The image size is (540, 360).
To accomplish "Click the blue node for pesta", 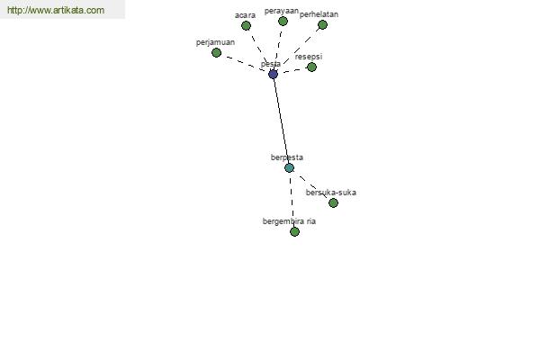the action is (273, 74).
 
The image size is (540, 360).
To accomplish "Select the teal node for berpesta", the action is (289, 167).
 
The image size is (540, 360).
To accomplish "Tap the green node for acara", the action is (246, 25).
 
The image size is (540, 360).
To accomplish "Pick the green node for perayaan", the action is (283, 22).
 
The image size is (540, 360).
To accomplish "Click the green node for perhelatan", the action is (322, 24).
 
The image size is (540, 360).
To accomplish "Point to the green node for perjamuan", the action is (216, 53).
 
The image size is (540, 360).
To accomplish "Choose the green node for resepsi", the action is (311, 67).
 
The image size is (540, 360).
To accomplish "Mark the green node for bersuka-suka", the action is (333, 202).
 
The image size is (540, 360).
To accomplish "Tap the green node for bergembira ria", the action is (294, 231).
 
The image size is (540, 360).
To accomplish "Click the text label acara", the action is (245, 15).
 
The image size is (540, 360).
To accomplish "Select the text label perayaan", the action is (282, 12).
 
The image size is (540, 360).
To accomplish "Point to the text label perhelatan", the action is (319, 14).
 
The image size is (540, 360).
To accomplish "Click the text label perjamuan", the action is (215, 42).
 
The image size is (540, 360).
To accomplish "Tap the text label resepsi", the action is (309, 57).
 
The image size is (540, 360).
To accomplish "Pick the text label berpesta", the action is (287, 157).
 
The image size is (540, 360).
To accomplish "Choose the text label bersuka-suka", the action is (331, 193).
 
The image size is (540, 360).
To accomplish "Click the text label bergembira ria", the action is (289, 221).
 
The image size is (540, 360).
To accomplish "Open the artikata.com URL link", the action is (56, 10).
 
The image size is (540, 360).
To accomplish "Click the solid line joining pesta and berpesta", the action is (281, 121).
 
